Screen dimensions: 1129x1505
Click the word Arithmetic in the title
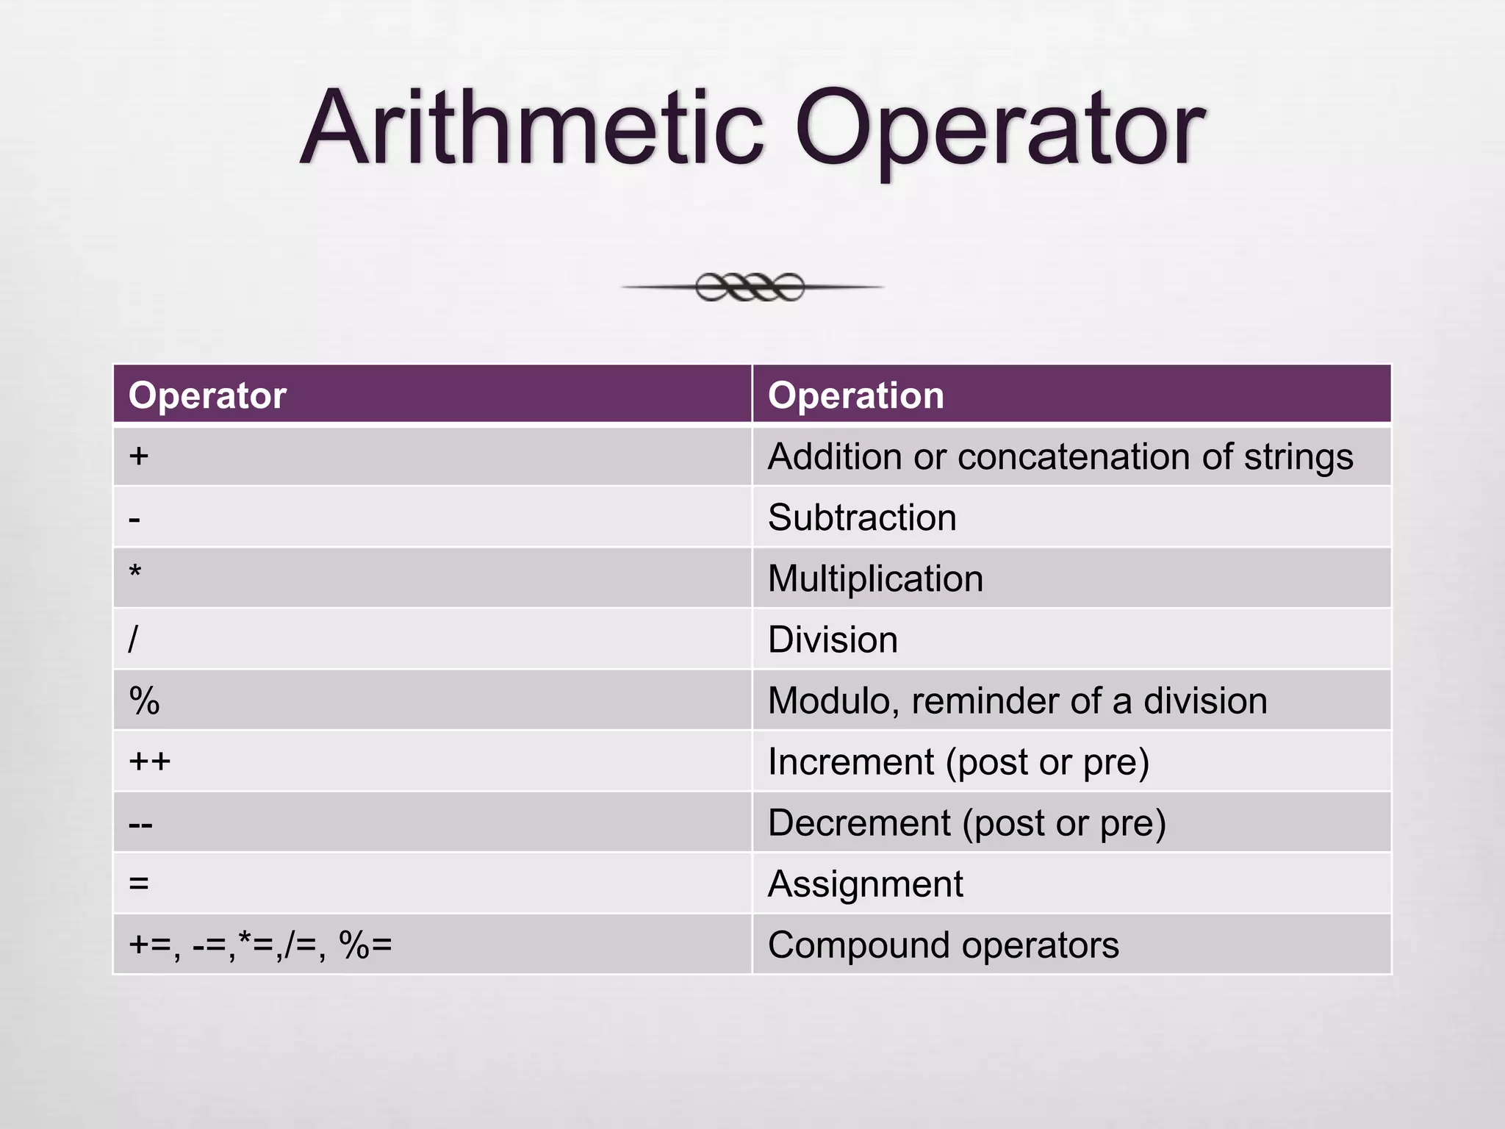[x=533, y=129]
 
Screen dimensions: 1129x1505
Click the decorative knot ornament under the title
[x=750, y=287]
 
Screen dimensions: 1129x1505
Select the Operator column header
[x=207, y=395]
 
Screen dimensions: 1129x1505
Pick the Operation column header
[x=855, y=395]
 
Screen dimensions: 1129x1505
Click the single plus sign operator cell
[x=139, y=456]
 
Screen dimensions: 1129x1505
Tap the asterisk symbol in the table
[x=135, y=573]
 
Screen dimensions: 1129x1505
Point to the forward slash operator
[x=133, y=639]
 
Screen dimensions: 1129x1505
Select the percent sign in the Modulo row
[x=144, y=700]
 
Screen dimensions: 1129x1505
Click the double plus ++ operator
[x=149, y=761]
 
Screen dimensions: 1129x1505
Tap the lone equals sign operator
[x=139, y=883]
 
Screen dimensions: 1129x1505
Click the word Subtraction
[x=862, y=517]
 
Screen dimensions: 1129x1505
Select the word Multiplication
[x=875, y=578]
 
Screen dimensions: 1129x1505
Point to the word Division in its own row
[x=833, y=639]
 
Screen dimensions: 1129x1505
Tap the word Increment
[x=851, y=761]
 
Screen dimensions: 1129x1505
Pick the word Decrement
[x=859, y=822]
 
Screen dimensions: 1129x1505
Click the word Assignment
[x=865, y=884]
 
